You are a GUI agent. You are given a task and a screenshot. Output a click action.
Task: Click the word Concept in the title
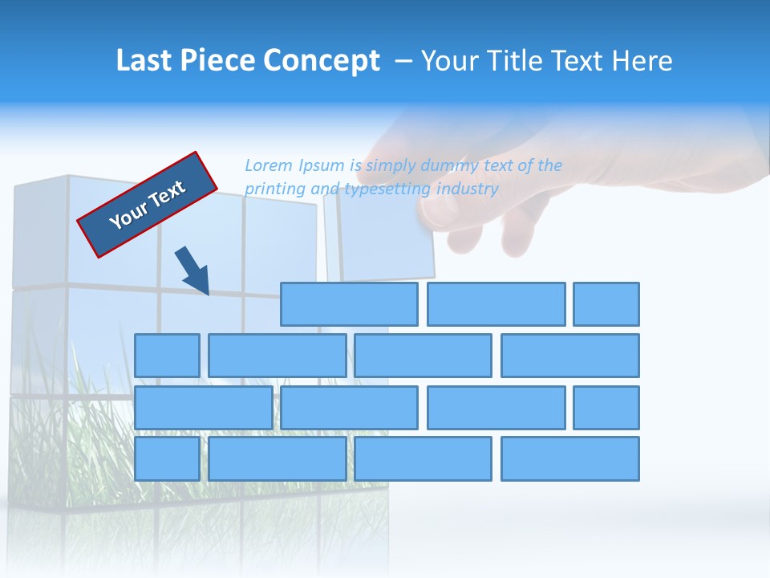(x=324, y=61)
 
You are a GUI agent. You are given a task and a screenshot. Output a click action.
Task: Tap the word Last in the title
(x=144, y=61)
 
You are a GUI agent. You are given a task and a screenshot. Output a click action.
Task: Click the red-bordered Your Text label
(x=147, y=205)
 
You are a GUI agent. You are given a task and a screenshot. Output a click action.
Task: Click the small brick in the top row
(x=606, y=304)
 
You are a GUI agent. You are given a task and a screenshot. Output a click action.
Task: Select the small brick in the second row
(x=167, y=356)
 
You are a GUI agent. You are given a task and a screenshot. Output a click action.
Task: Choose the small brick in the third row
(x=606, y=407)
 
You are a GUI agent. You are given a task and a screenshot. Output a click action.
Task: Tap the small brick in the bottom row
(x=167, y=458)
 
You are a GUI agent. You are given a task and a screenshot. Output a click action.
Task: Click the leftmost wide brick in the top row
(x=349, y=304)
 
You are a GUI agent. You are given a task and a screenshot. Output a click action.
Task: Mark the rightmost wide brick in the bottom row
(x=570, y=458)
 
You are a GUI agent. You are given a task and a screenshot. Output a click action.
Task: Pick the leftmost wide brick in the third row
(x=203, y=407)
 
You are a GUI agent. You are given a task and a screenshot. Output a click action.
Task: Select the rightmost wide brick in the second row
(x=570, y=356)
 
